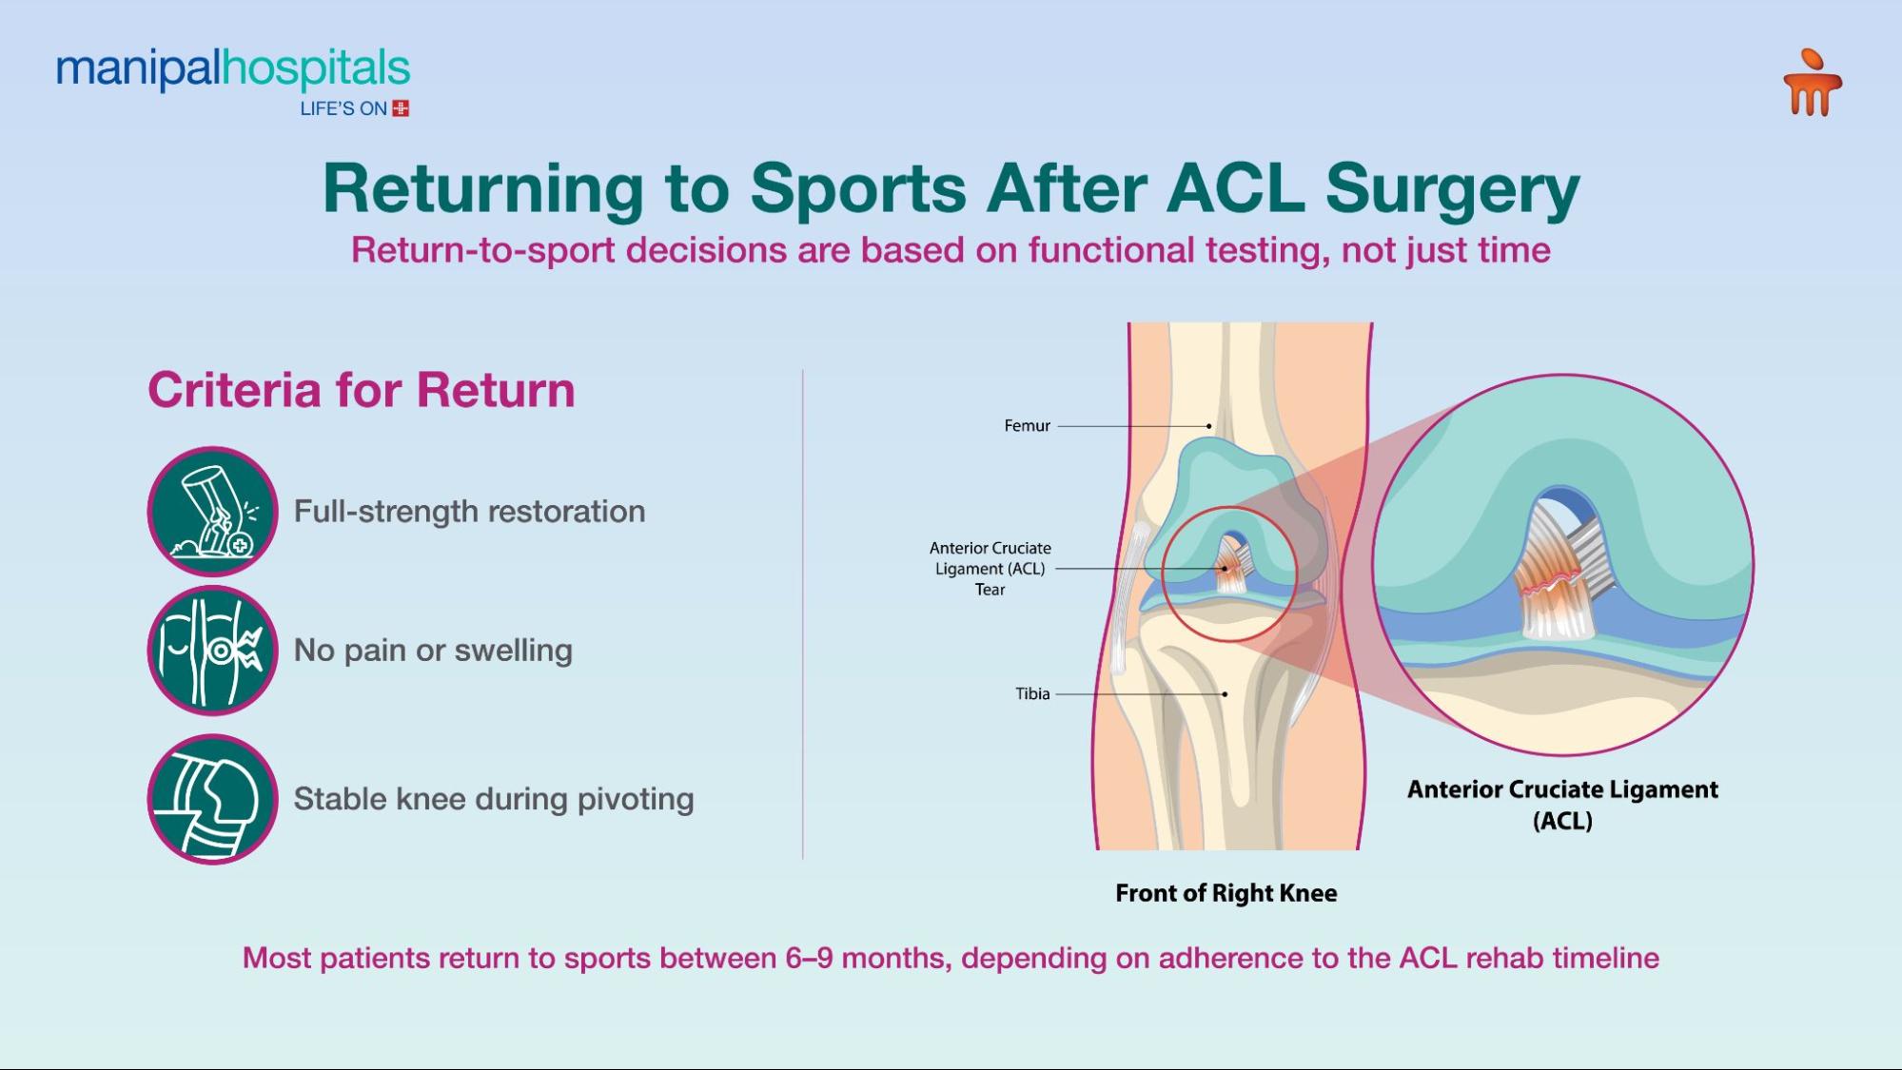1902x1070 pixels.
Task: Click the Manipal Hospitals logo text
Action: click(233, 69)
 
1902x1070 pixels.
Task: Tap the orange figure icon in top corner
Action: click(1812, 84)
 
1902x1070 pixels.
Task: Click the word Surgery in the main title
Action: click(1452, 188)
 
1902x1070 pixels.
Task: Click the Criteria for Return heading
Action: click(361, 390)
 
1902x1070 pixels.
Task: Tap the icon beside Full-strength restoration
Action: click(212, 512)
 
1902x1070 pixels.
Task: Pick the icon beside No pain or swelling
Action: click(212, 651)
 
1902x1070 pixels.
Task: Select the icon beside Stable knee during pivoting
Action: click(212, 799)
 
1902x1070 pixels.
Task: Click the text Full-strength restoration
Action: click(469, 512)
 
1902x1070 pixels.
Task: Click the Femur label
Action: click(1027, 426)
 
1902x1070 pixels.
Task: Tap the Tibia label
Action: click(1032, 694)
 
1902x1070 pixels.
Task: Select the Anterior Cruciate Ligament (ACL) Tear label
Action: click(990, 569)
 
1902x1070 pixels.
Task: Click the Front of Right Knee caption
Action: click(1226, 893)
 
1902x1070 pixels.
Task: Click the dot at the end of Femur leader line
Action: click(1209, 426)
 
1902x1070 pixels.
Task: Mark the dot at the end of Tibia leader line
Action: click(1225, 694)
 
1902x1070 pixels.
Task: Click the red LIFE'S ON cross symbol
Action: click(401, 108)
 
